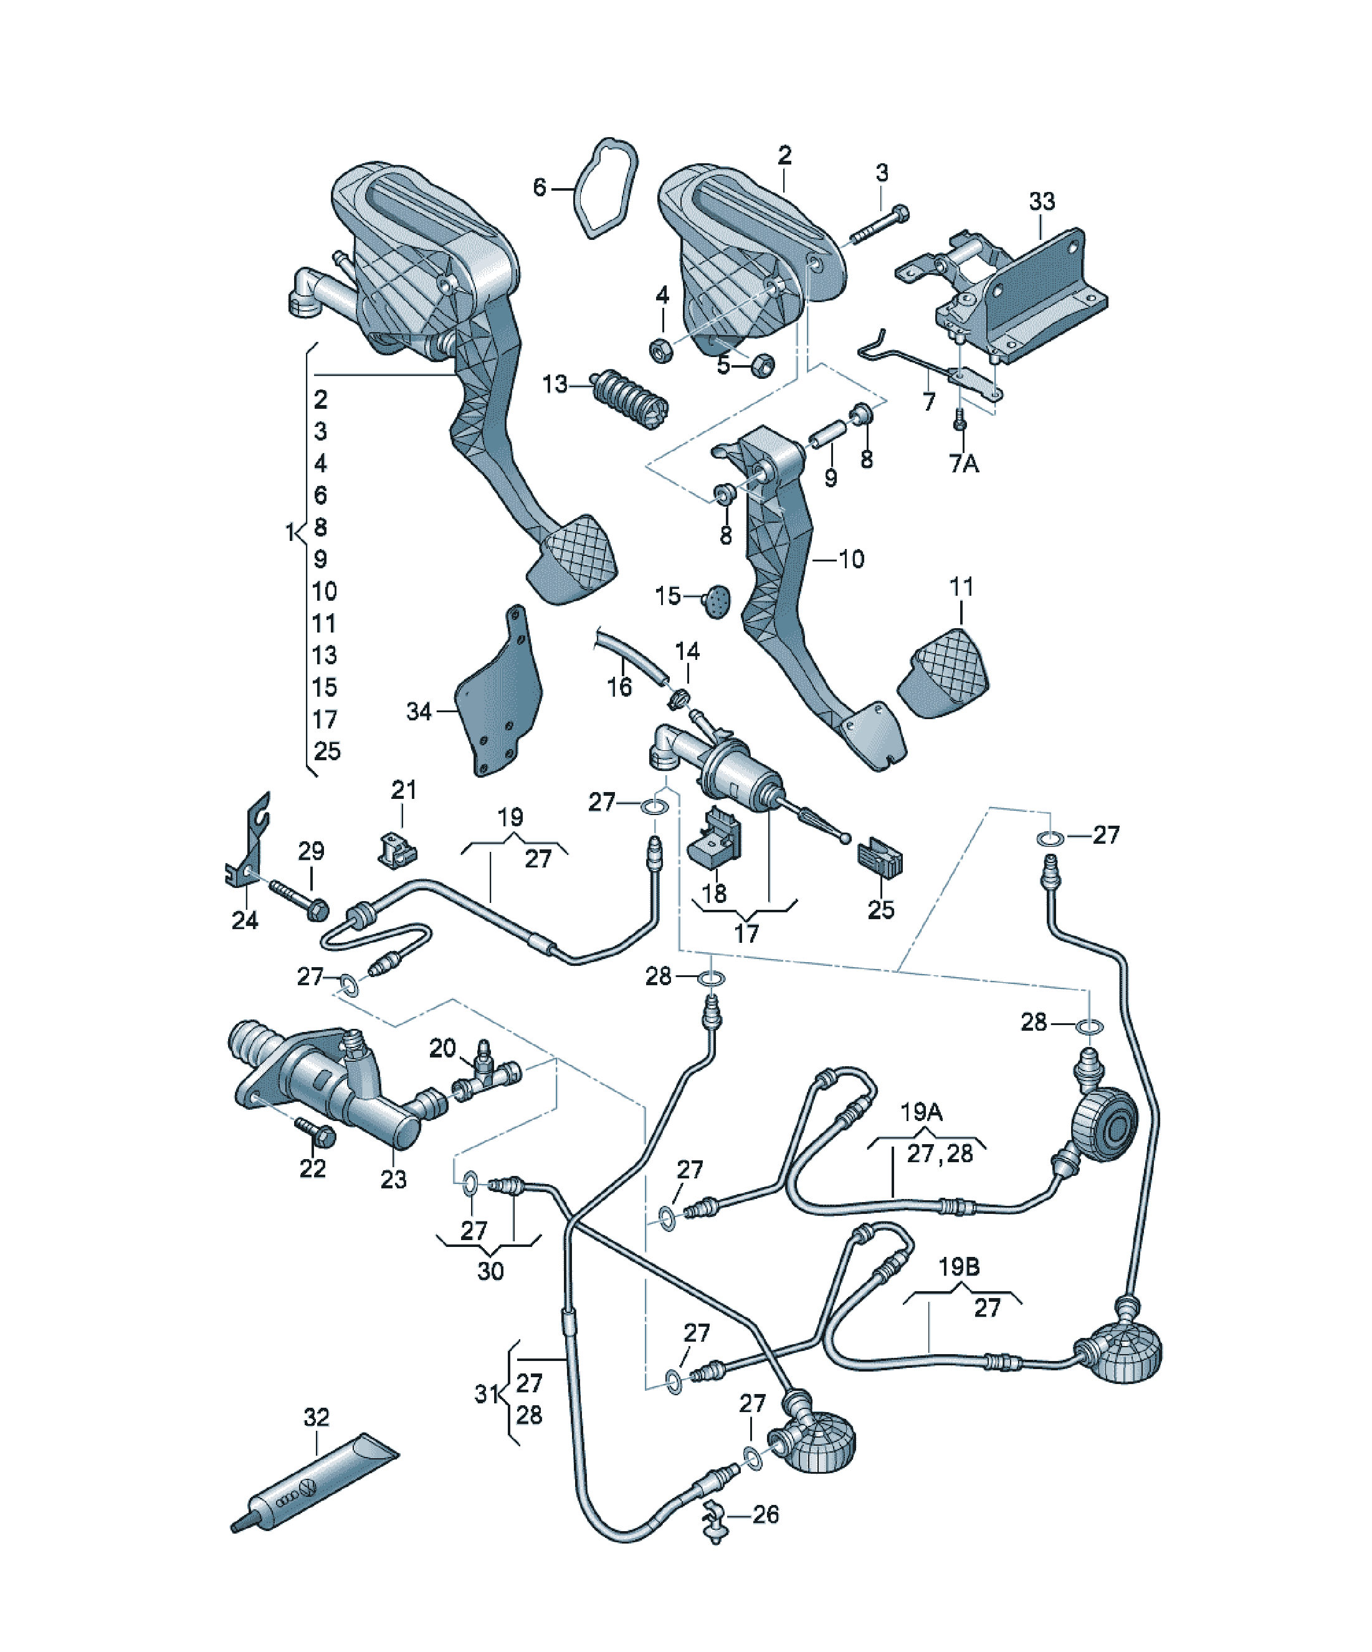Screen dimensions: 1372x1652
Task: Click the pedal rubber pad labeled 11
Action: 943,674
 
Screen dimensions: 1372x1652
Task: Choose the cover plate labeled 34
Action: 498,692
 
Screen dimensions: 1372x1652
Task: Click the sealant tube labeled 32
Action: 315,1481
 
